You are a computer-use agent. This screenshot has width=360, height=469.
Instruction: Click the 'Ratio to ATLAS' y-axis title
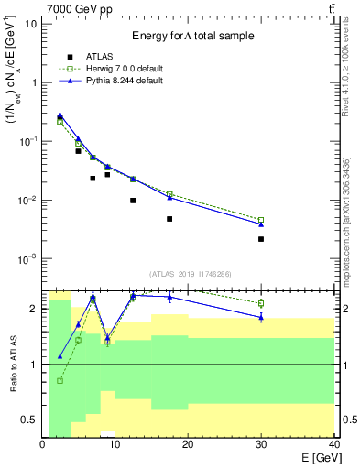coord(13,364)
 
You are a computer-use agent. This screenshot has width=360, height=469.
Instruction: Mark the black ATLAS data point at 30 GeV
coord(261,239)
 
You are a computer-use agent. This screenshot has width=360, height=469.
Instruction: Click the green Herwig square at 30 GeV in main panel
coord(261,220)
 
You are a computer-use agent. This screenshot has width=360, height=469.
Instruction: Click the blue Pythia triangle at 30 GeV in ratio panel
coord(261,317)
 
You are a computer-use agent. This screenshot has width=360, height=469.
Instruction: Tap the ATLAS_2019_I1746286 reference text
coord(189,274)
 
